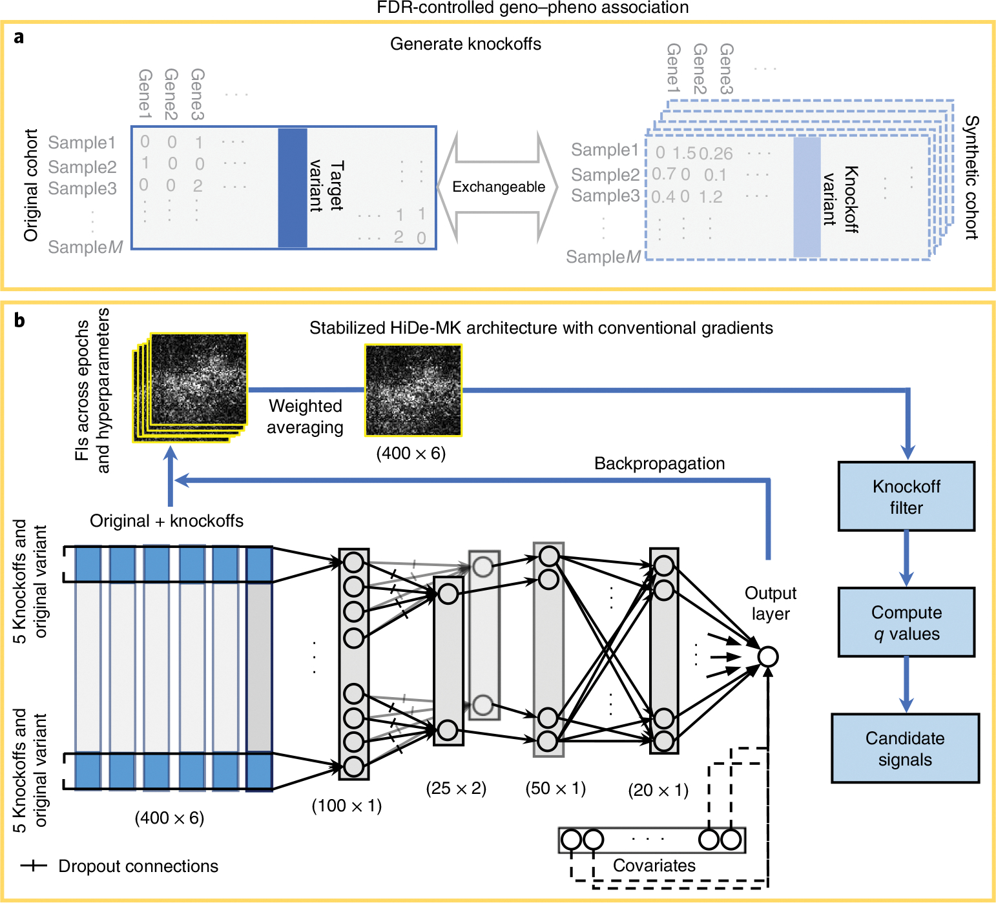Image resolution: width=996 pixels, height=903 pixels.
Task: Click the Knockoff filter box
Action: (906, 496)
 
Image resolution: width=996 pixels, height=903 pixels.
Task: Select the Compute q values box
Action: (906, 622)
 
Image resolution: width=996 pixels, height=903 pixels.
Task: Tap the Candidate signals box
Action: (905, 748)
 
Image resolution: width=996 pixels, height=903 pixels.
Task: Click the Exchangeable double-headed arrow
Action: (498, 187)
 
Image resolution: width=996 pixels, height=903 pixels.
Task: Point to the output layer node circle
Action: (767, 657)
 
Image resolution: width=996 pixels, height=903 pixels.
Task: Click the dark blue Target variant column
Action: (293, 188)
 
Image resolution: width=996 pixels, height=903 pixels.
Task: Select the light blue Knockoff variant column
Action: (807, 198)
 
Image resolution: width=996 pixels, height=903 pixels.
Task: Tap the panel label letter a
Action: (19, 37)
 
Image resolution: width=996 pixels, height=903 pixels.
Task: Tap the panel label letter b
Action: (19, 320)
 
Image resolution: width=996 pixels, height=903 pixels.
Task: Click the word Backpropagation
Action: (659, 463)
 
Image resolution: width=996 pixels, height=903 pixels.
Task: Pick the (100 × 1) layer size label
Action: (347, 806)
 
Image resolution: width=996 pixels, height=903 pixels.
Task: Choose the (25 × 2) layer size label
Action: (456, 788)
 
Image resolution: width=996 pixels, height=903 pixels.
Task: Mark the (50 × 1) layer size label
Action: (555, 788)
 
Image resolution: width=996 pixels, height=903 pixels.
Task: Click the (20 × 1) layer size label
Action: (658, 790)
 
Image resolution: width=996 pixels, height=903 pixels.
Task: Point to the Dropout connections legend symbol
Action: (34, 866)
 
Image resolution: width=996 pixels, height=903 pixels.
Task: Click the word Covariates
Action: (654, 866)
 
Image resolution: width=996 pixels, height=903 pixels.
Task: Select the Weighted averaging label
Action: (306, 416)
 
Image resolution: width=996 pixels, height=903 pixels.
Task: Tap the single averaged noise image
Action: (413, 390)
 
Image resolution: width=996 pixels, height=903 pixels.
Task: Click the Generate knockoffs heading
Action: (466, 44)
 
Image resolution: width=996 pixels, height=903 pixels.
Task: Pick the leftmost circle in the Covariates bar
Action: (571, 840)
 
